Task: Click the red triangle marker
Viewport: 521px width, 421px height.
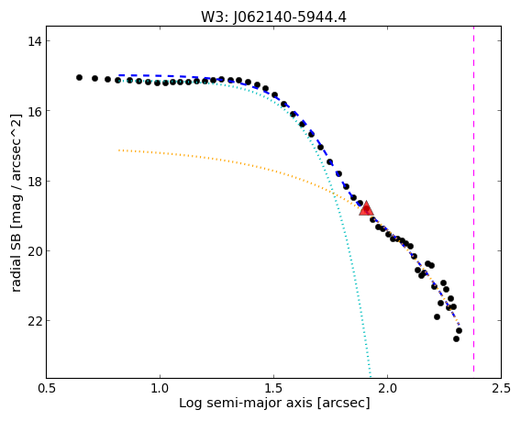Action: point(366,209)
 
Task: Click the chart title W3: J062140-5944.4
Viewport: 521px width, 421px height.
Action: point(273,17)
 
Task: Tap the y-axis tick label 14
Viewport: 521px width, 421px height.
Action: point(33,41)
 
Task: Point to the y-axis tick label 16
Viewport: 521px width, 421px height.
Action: point(33,111)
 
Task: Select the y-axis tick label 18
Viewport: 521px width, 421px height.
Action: point(33,181)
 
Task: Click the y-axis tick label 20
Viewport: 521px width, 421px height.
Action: point(33,251)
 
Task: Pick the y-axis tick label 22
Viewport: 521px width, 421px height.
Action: point(33,321)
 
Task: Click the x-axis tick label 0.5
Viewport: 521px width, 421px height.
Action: point(46,388)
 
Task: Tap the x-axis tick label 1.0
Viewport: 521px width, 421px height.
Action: point(160,388)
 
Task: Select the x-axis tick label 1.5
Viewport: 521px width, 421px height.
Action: point(273,388)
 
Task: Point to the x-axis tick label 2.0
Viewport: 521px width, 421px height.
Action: point(387,388)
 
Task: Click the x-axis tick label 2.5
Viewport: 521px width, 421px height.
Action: point(501,388)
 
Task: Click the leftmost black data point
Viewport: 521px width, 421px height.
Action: point(79,77)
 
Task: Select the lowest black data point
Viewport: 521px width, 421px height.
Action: point(456,339)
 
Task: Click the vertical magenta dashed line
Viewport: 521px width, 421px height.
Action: point(473,199)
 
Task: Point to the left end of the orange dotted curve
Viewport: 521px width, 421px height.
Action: point(119,150)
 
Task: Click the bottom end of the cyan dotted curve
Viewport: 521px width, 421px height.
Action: point(371,376)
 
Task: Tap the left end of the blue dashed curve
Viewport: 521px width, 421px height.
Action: point(119,75)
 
